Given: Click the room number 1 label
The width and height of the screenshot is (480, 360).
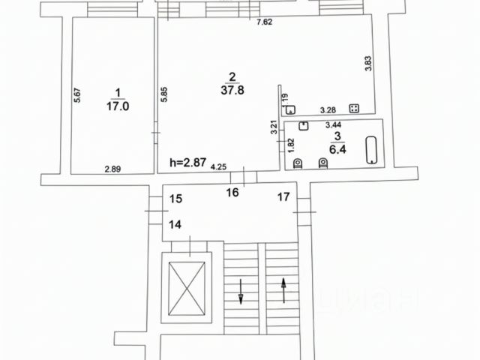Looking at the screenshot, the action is point(116,92).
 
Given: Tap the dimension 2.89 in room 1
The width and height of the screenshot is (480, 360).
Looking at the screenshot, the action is point(112,168).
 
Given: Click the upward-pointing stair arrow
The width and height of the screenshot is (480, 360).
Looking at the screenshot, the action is point(284,289).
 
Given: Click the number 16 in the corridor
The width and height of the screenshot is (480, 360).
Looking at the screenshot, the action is point(232,193).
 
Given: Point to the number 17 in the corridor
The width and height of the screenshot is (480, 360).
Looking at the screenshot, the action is point(283,198).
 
